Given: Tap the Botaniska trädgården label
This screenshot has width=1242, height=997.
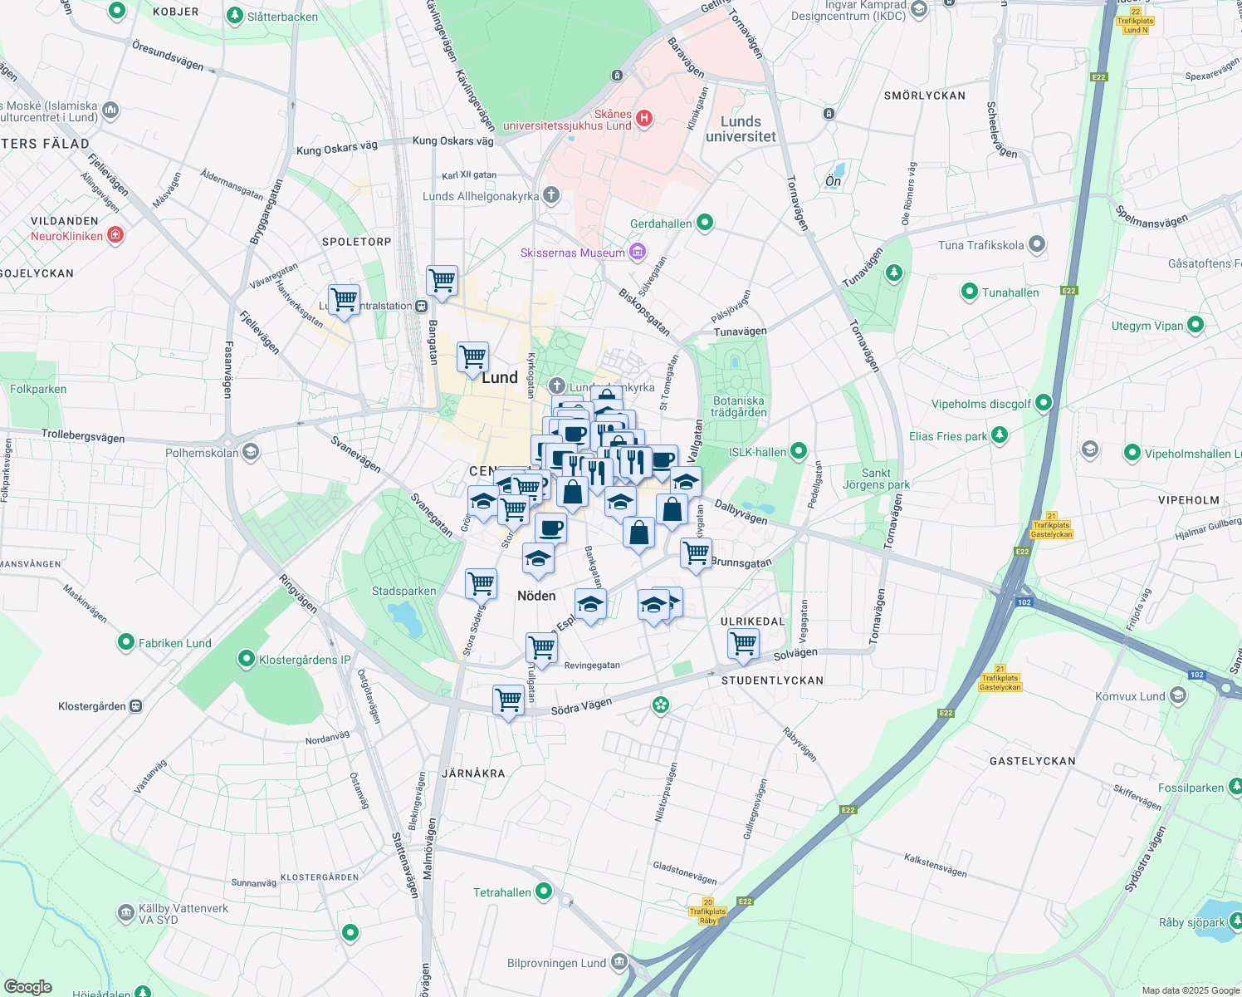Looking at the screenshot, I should tap(738, 406).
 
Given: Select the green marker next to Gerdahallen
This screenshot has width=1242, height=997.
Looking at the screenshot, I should tap(705, 223).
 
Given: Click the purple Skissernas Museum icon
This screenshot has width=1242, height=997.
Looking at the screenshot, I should tap(638, 252).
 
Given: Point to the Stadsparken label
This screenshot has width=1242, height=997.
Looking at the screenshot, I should tap(403, 592).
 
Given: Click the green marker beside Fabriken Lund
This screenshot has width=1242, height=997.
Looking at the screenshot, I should tap(126, 642).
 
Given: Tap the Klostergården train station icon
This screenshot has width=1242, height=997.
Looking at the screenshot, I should tap(136, 706).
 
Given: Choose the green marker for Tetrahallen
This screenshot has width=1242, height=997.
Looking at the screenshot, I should tap(544, 891).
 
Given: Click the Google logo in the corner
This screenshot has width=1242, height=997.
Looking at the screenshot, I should tap(28, 987).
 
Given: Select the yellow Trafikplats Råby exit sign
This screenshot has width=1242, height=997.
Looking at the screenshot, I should tap(707, 911).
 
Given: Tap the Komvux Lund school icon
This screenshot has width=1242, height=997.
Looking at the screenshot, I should tap(1178, 695).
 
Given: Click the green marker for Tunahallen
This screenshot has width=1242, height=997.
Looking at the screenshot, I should tap(969, 292).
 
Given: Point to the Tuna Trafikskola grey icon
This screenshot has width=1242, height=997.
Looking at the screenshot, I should tap(1036, 244).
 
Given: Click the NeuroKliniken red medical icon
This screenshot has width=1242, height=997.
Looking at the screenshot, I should tap(115, 235).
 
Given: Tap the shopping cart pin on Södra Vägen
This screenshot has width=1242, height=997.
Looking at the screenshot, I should tap(508, 700).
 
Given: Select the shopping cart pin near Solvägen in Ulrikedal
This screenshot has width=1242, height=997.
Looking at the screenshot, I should tap(743, 643).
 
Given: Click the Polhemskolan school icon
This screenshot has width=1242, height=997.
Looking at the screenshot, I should tap(251, 452).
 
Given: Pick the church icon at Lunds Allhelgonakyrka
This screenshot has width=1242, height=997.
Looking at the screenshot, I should tap(551, 196).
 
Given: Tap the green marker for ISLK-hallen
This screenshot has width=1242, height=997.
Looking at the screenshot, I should tap(798, 451).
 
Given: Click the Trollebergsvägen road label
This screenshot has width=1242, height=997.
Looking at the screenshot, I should tap(83, 435).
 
